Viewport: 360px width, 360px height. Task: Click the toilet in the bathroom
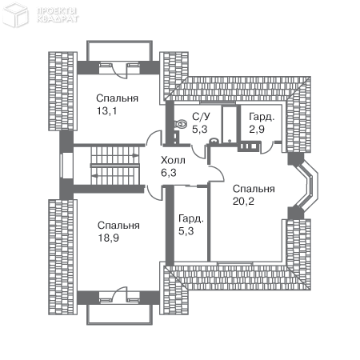click(181, 124)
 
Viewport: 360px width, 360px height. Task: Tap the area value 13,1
click(106, 110)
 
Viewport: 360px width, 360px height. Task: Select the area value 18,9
click(109, 238)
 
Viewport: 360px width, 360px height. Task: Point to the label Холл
click(173, 160)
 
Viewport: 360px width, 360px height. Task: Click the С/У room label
click(201, 117)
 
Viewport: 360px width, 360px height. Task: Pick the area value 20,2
click(243, 201)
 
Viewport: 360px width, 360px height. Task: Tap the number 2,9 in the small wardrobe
click(257, 130)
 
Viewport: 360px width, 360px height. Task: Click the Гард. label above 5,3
click(191, 218)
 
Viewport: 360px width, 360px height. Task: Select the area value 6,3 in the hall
click(169, 173)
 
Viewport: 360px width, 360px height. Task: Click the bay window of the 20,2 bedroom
click(310, 183)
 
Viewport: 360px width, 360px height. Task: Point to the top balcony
click(119, 51)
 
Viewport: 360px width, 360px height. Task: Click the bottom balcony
click(119, 314)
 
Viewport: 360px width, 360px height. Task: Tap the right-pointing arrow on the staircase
click(135, 155)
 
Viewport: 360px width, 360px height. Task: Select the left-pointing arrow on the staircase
click(94, 175)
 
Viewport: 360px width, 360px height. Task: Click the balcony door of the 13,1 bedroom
click(119, 70)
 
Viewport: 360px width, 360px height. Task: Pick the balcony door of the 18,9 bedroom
click(119, 294)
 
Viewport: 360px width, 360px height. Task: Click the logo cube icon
click(16, 15)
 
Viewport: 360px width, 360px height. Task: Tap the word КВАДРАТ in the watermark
click(58, 19)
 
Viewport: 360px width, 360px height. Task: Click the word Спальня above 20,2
click(254, 189)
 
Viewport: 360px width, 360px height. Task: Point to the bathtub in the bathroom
click(230, 124)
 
